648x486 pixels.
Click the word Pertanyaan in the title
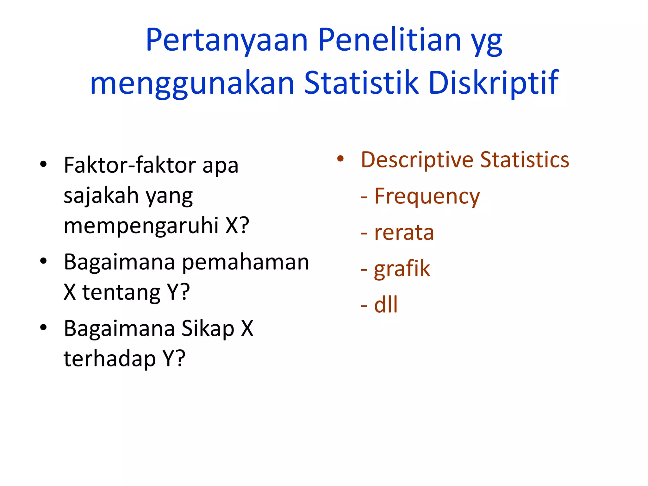click(x=227, y=40)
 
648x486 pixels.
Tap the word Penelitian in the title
click(x=389, y=40)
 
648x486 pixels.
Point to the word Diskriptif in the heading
click(x=494, y=83)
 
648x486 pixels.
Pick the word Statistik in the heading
click(x=361, y=83)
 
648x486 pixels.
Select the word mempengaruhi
click(x=141, y=226)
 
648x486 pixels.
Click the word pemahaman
click(x=246, y=263)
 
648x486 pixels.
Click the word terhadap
click(x=110, y=359)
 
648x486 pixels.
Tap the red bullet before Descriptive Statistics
click(x=340, y=159)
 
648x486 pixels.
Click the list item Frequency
click(x=427, y=196)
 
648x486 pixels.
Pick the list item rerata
click(x=404, y=233)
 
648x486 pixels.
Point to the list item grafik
click(x=402, y=269)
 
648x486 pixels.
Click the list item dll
click(x=386, y=305)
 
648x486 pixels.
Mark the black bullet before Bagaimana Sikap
click(x=43, y=327)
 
